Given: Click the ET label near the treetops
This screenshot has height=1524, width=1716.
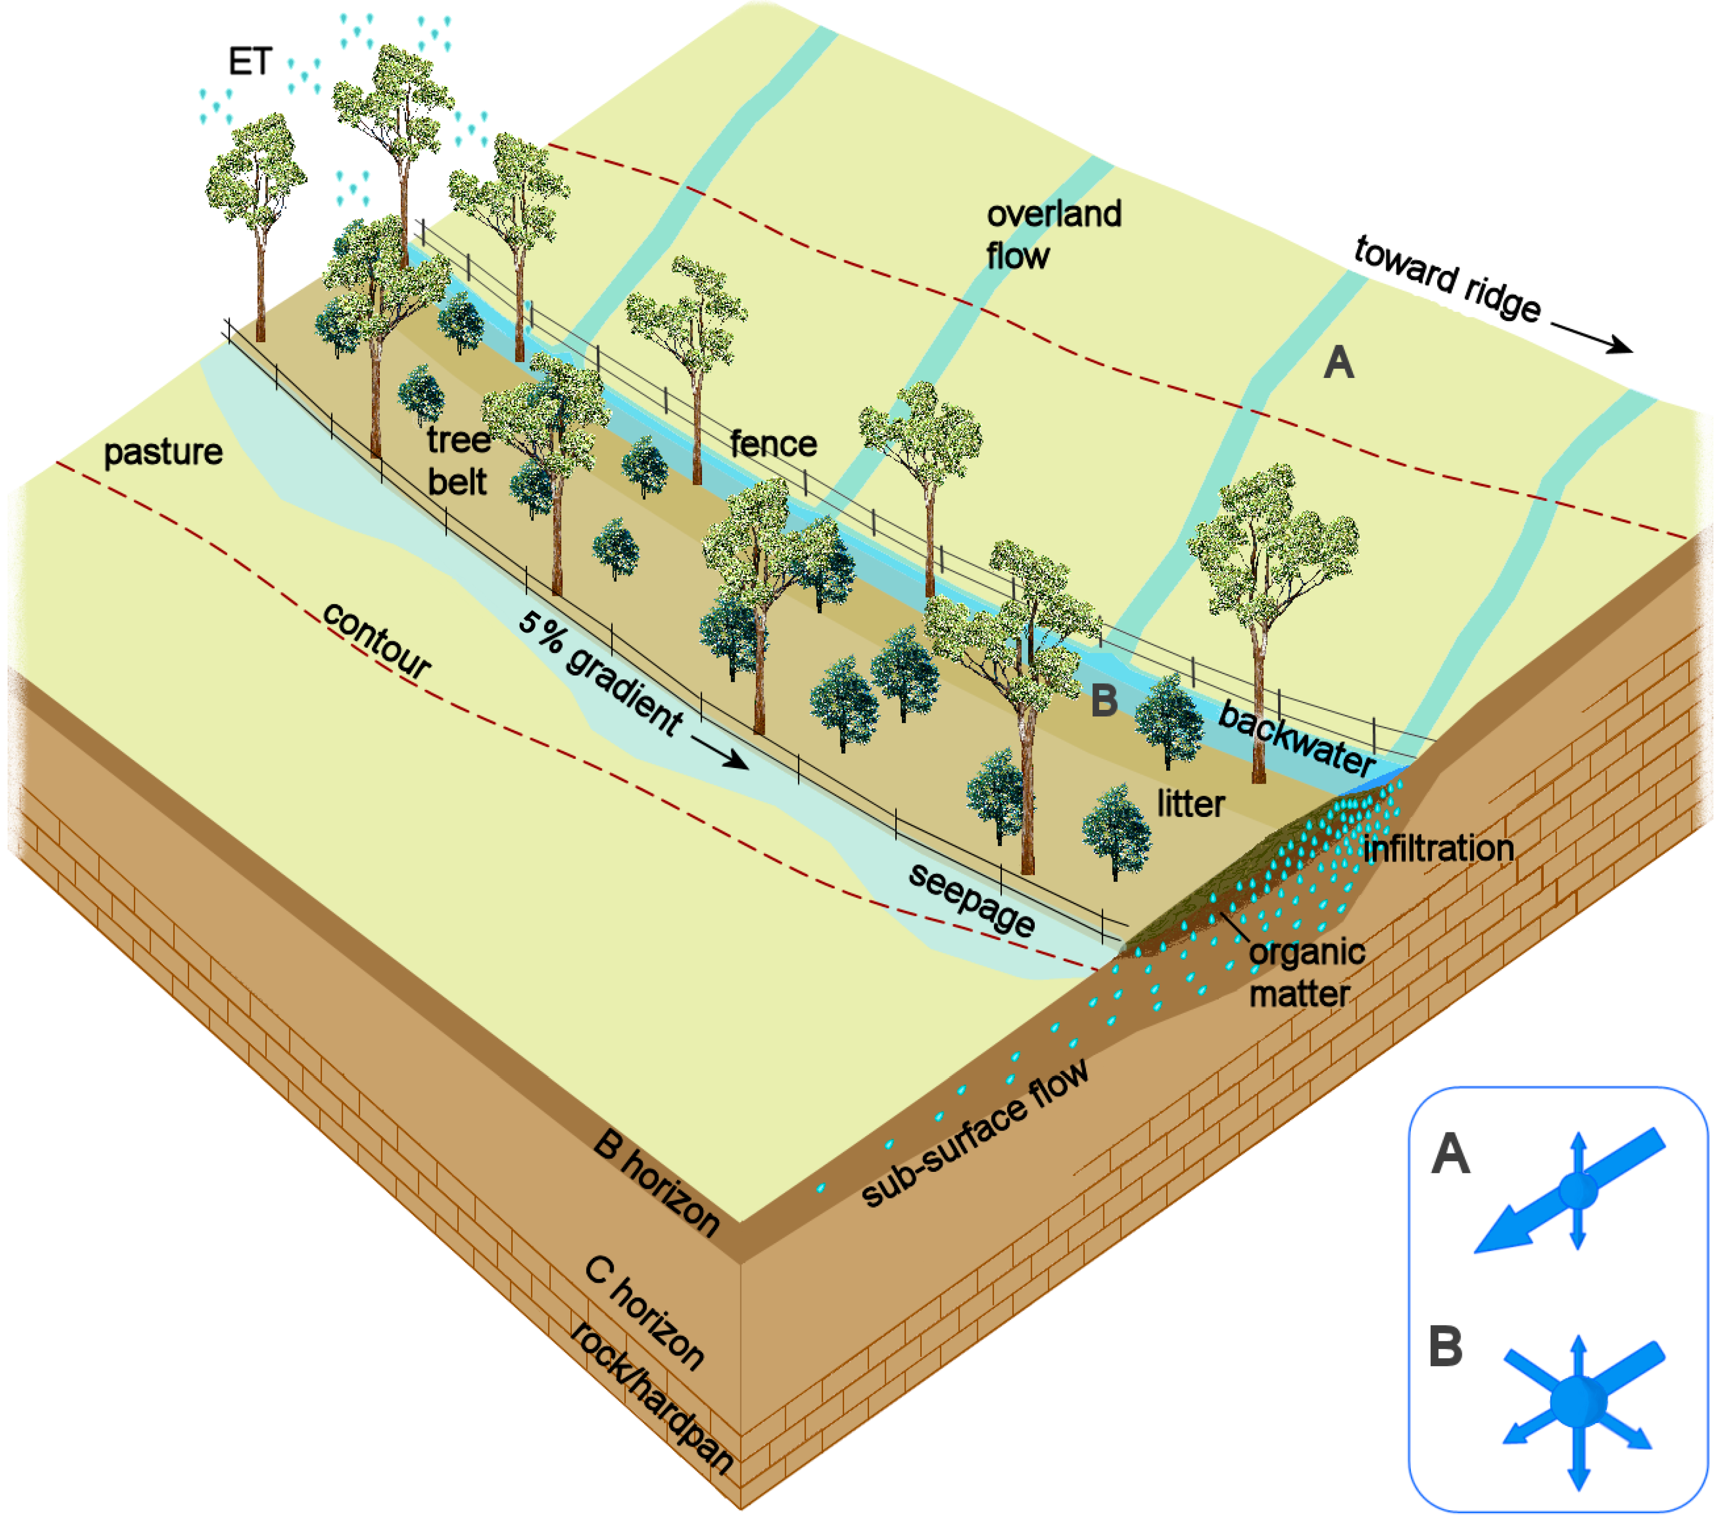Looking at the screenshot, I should (250, 62).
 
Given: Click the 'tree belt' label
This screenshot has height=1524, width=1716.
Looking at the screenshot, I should (458, 461).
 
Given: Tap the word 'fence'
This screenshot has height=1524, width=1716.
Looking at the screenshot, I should (773, 443).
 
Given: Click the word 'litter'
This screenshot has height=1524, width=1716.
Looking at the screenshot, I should (1191, 804).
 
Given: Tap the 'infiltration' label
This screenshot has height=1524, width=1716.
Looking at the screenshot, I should (1438, 848).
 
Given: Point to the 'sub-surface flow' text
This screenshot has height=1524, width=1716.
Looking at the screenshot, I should (976, 1133).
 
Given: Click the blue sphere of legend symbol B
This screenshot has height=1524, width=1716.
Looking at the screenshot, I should (1577, 1401).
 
